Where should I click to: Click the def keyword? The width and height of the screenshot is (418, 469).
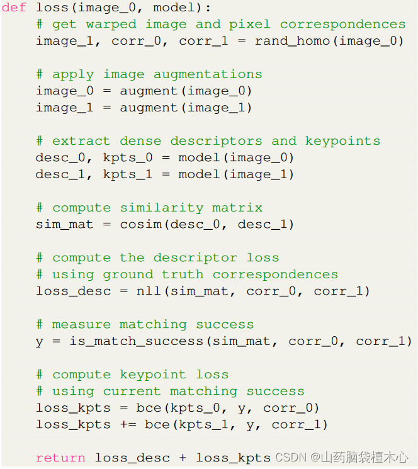(14, 8)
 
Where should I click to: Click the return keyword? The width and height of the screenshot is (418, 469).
(61, 458)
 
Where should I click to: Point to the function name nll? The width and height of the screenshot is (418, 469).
(149, 291)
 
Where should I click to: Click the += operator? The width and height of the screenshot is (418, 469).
(128, 424)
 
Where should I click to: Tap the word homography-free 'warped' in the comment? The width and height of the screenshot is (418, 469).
(111, 24)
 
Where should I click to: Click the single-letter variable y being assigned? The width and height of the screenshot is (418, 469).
(40, 341)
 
